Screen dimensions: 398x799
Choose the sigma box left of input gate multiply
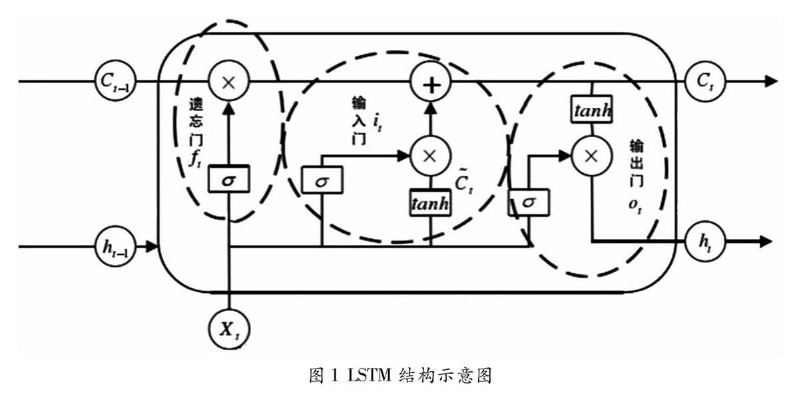click(322, 180)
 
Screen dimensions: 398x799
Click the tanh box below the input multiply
click(430, 202)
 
